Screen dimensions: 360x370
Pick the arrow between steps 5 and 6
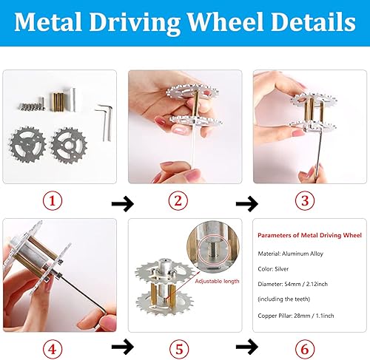pos(251,345)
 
